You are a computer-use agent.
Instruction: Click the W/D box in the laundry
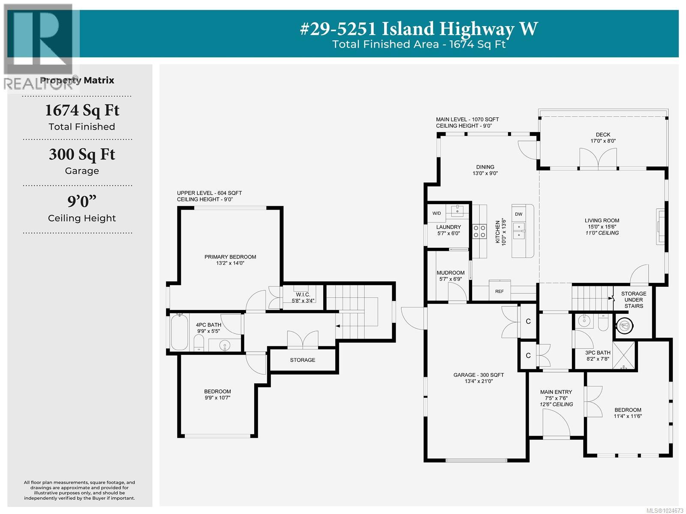click(436, 213)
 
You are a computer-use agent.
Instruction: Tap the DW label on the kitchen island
click(518, 214)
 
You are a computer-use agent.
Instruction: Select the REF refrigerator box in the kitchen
click(499, 291)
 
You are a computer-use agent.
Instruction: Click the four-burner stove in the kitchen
click(479, 231)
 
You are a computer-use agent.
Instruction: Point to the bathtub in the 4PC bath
click(178, 332)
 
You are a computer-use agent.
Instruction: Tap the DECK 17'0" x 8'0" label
click(603, 138)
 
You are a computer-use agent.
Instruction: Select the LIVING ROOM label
click(602, 221)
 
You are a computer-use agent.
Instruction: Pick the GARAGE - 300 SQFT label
click(478, 375)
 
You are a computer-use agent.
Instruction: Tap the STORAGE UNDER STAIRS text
click(633, 300)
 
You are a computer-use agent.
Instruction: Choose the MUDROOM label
click(450, 273)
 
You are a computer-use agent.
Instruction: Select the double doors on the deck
click(598, 159)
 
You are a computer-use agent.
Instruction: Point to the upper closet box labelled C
click(528, 322)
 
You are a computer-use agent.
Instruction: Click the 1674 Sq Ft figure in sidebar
click(82, 111)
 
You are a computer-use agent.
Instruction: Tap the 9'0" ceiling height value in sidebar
click(82, 201)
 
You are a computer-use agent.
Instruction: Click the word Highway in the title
click(476, 29)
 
